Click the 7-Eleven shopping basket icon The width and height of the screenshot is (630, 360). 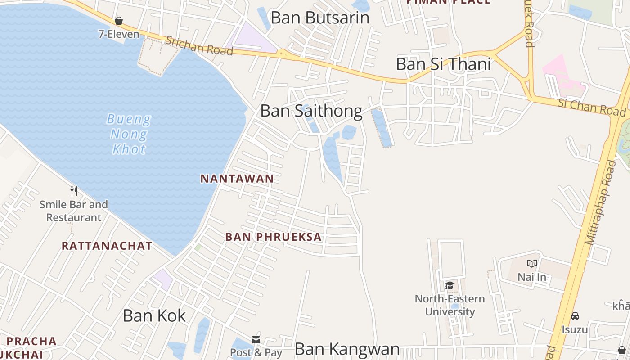[119, 21]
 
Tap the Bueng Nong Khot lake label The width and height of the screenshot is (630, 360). [129, 134]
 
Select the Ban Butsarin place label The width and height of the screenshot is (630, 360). [320, 18]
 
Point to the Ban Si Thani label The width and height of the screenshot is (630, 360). [443, 64]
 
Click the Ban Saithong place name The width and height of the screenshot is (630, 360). [311, 111]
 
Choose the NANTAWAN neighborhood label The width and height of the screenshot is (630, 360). [237, 179]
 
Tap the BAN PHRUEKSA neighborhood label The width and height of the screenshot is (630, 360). [274, 237]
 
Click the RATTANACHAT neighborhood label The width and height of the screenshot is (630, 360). [107, 246]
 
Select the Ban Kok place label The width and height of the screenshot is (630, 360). [154, 315]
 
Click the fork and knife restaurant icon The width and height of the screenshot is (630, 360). [74, 191]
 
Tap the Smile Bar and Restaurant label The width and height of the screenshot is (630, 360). [74, 211]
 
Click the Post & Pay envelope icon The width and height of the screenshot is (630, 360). [256, 339]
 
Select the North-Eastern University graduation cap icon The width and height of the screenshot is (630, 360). [450, 285]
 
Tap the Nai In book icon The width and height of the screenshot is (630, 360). [532, 263]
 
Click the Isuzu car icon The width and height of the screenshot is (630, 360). [575, 316]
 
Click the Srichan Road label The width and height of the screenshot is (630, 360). [199, 46]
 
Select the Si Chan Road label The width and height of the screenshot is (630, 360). [591, 108]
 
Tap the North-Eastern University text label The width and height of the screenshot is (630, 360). [450, 305]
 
